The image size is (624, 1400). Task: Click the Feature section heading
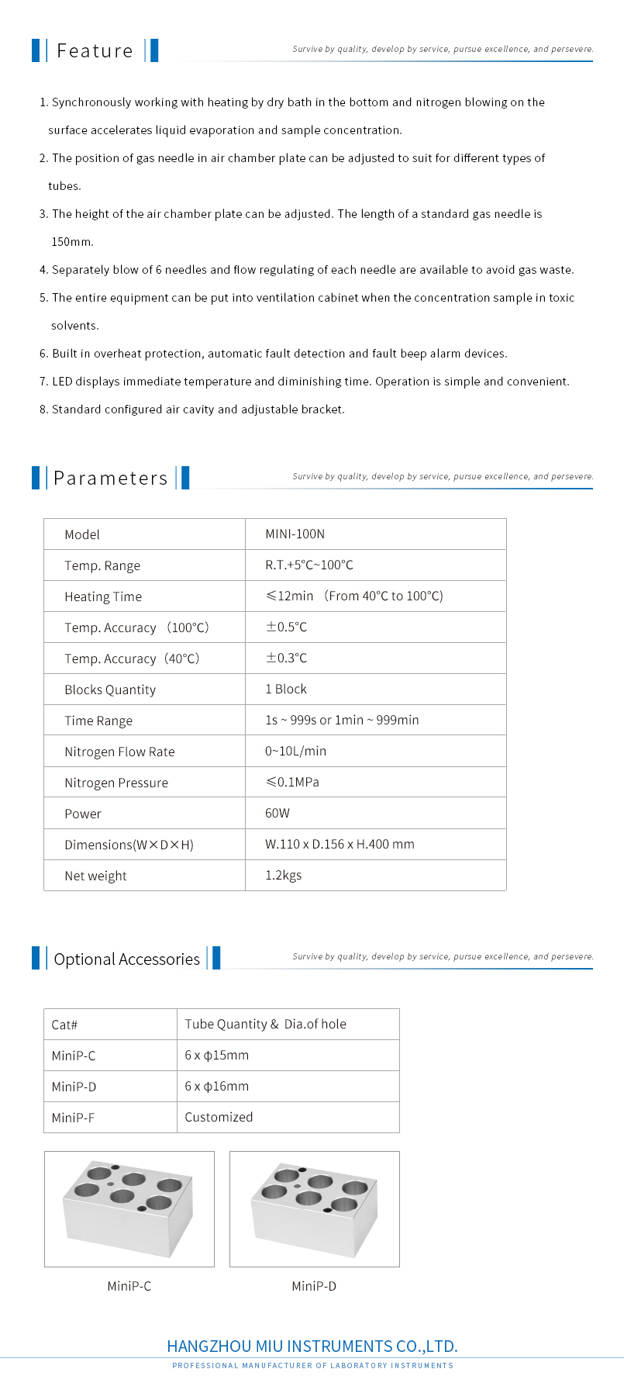(95, 51)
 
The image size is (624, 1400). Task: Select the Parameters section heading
(110, 479)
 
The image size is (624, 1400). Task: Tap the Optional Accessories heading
(126, 959)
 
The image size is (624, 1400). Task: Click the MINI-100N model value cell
(295, 534)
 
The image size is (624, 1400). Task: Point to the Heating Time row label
(103, 596)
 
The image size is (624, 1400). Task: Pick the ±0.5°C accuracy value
(286, 627)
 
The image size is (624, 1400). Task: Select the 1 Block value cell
(286, 690)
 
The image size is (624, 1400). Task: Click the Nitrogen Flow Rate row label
(119, 752)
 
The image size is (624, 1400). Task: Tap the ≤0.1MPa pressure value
(292, 782)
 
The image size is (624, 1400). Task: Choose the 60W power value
(278, 814)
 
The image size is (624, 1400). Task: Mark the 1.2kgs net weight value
(284, 876)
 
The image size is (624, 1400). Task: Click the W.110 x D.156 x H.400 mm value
(340, 845)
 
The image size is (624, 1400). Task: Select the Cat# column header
(64, 1025)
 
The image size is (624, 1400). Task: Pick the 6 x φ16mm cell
(216, 1087)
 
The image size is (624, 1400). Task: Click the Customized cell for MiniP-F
(219, 1118)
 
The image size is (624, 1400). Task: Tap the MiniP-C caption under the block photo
(129, 1286)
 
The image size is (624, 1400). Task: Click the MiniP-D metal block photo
(314, 1208)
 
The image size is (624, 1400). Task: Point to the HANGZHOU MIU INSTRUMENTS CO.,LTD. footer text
(312, 1346)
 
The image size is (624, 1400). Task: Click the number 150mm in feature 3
(72, 242)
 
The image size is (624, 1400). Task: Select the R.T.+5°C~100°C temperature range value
(309, 565)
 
